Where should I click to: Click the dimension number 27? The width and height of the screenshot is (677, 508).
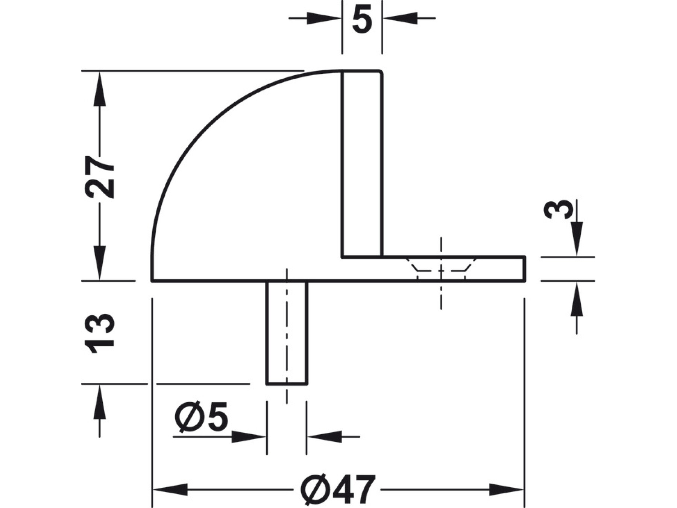tap(99, 176)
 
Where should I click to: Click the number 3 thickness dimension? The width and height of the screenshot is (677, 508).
tap(559, 209)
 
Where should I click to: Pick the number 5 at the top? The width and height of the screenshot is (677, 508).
tap(362, 18)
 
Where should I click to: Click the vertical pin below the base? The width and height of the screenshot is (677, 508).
tap(287, 333)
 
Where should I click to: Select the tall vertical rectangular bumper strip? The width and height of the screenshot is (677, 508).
tap(362, 164)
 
